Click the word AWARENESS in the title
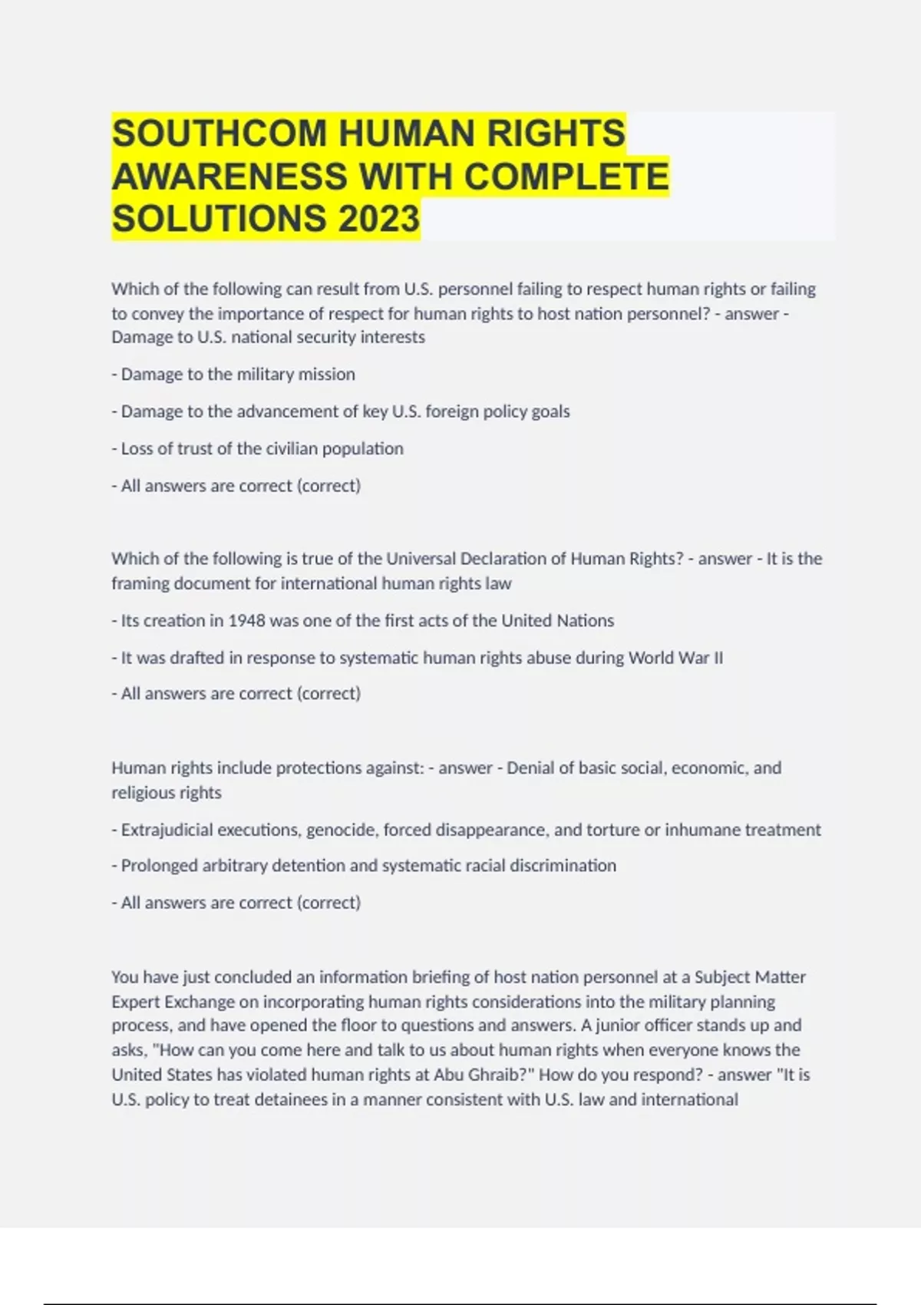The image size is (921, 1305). (x=229, y=176)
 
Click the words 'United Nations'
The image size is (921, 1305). (x=557, y=620)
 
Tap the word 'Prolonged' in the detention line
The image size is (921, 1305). (x=159, y=866)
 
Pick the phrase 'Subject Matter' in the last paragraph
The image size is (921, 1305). (x=750, y=977)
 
